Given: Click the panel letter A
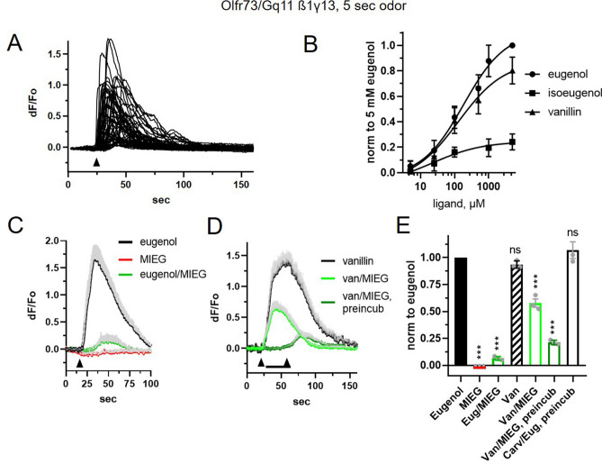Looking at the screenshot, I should point(15,41).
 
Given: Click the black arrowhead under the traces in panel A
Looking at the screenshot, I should point(95,161).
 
